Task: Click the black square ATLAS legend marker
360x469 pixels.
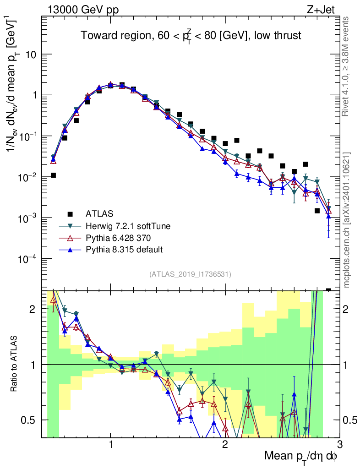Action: (x=70, y=213)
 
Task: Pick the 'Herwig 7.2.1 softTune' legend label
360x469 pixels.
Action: (x=125, y=226)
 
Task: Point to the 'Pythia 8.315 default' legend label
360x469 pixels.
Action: (x=124, y=250)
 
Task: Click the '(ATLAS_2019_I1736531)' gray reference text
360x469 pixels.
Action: (x=190, y=274)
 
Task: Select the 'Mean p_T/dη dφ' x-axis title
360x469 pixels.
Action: (x=301, y=457)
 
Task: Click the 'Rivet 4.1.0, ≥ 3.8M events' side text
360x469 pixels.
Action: (x=347, y=66)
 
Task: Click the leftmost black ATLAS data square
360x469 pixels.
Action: (x=53, y=175)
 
